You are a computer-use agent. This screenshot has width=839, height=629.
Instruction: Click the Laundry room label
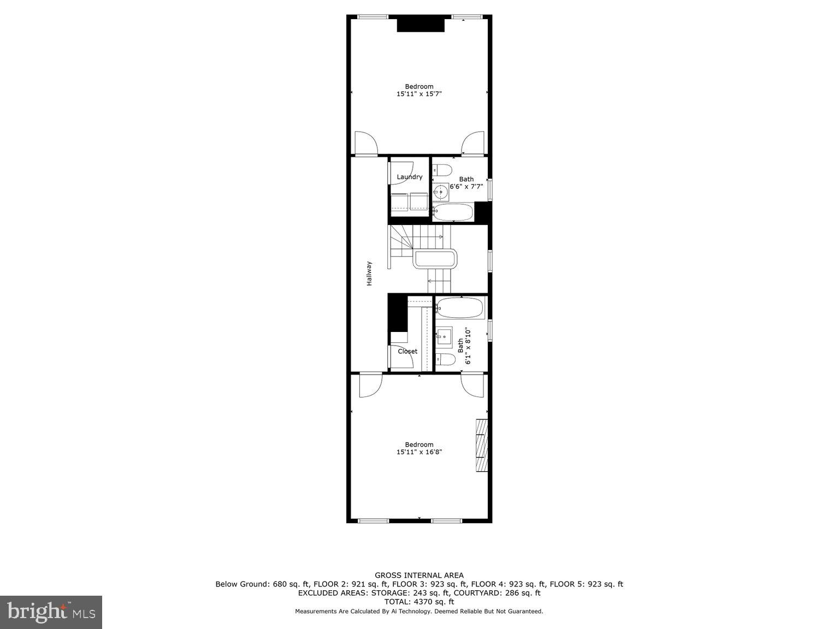pos(409,177)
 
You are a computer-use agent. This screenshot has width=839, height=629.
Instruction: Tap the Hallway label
pos(369,274)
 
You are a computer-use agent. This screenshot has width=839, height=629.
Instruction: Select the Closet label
pos(407,351)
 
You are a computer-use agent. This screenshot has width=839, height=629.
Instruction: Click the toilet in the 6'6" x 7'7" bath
pos(443,169)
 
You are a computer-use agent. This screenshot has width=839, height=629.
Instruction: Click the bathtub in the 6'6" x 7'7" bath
pos(453,212)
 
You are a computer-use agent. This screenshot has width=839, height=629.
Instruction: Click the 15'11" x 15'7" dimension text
pos(419,94)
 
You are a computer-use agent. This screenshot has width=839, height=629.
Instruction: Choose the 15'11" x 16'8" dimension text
pos(419,452)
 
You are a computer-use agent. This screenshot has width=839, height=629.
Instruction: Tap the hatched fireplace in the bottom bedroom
pos(481,444)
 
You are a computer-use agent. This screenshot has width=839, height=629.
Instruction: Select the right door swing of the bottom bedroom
pos(472,385)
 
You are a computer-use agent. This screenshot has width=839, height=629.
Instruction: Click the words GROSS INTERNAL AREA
pos(419,575)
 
